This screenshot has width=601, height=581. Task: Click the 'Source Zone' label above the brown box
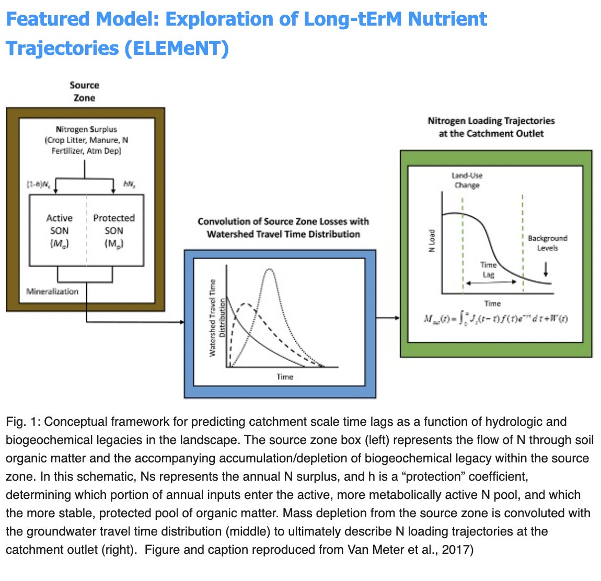pos(84,91)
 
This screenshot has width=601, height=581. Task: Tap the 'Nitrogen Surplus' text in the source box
pos(86,129)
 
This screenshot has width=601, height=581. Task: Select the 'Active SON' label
pos(59,230)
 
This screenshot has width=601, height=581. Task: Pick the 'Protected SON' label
pos(113,230)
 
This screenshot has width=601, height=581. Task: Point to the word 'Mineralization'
pos(52,292)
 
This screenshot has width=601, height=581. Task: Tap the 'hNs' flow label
pos(130,184)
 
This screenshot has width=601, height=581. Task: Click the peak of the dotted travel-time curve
pos(269,269)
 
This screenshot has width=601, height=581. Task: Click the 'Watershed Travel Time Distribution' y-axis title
pos(217,318)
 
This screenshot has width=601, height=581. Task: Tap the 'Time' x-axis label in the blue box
pos(285,377)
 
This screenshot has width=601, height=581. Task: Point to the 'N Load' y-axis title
pos(432,241)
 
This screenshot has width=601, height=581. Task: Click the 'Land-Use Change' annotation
pos(467,180)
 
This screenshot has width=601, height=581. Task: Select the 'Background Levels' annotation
pos(547,243)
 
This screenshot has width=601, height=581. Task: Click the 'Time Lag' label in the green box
pos(488,270)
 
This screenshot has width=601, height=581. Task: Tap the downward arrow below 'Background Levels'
pos(546,269)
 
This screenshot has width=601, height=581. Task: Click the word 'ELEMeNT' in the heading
pos(176,49)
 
